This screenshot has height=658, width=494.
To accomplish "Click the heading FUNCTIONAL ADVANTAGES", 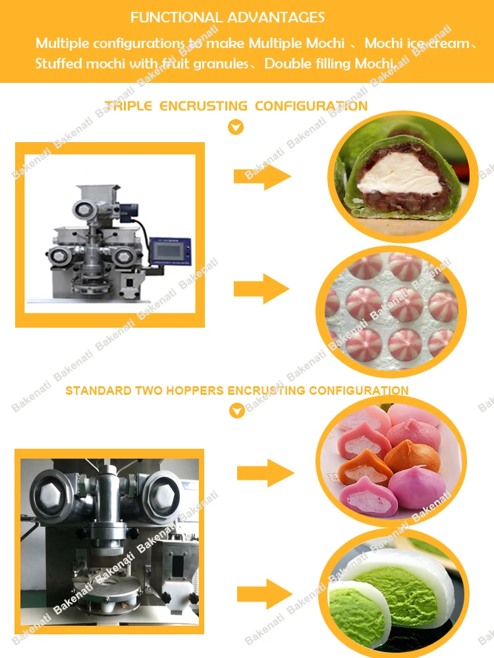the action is click(227, 17).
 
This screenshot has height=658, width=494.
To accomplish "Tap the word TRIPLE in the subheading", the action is click(128, 106).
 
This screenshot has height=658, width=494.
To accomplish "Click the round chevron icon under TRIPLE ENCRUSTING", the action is click(236, 127).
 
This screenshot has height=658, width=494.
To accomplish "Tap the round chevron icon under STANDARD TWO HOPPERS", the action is click(236, 411).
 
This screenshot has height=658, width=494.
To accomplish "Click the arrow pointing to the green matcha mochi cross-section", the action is click(262, 176).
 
